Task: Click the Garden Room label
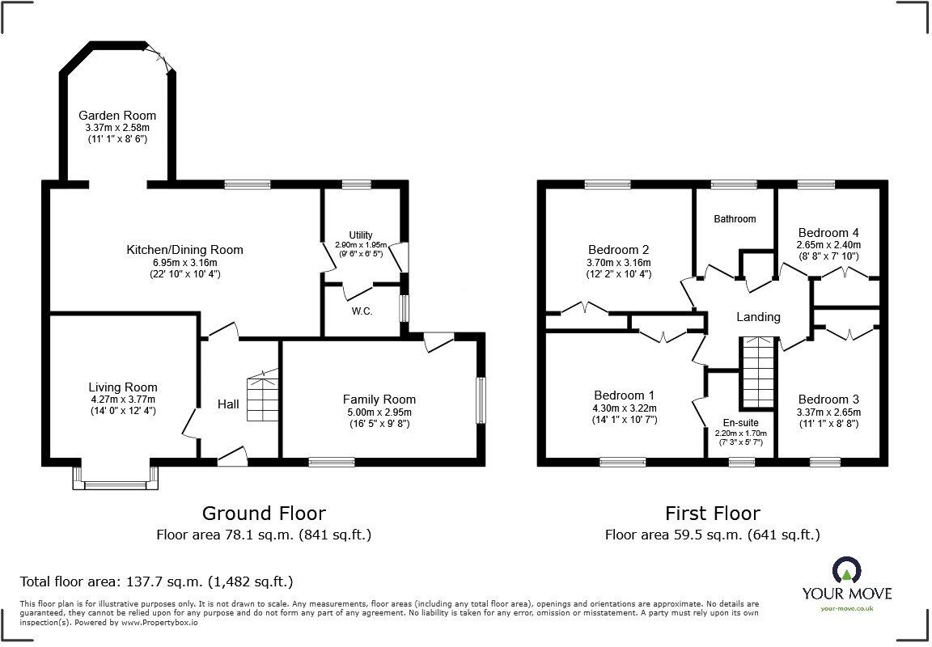[x=117, y=116]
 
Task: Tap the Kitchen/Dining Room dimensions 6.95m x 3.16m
[x=184, y=262]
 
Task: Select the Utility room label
[x=361, y=234]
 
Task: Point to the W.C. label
[x=362, y=311]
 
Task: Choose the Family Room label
[x=379, y=399]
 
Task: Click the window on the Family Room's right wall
[x=481, y=400]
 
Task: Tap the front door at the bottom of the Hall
[x=232, y=458]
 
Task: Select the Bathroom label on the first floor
[x=735, y=218]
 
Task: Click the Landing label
[x=758, y=317]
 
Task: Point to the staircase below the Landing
[x=756, y=374]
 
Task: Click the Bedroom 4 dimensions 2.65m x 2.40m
[x=828, y=245]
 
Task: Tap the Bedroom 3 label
[x=828, y=400]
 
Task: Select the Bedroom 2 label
[x=618, y=250]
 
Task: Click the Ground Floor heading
[x=264, y=513]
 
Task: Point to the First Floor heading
[x=712, y=513]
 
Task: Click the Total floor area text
[x=156, y=581]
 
